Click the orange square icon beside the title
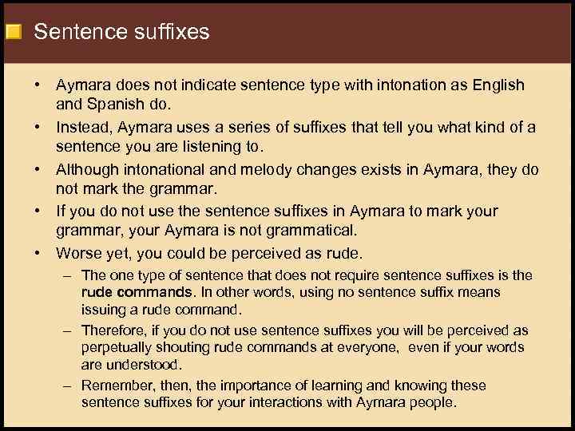pyautogui.click(x=13, y=33)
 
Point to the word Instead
pyautogui.click(x=84, y=128)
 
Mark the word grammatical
pyautogui.click(x=316, y=231)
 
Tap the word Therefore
pyautogui.click(x=115, y=330)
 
